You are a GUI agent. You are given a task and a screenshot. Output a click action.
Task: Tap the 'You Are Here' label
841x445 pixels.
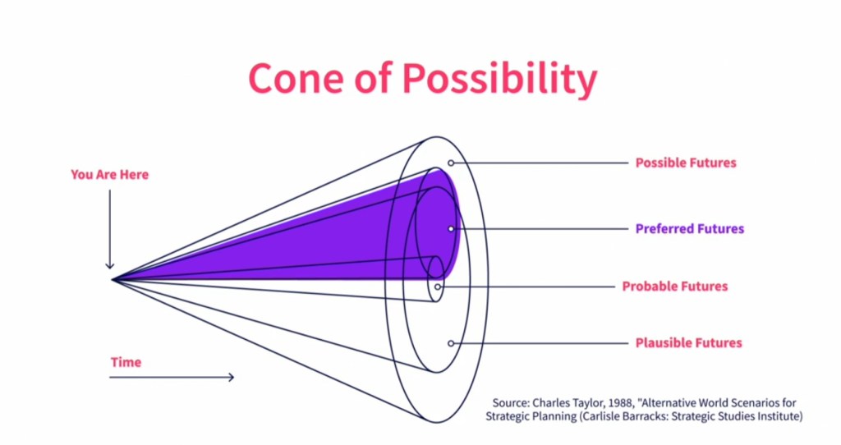tap(109, 174)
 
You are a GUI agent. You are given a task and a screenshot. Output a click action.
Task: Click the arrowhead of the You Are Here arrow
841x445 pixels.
tap(110, 265)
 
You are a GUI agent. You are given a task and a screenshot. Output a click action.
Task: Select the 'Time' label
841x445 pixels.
tap(126, 362)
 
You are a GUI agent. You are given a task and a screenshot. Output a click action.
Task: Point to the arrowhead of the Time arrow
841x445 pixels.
tap(231, 378)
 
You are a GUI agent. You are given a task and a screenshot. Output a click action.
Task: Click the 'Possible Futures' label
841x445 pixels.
tap(686, 163)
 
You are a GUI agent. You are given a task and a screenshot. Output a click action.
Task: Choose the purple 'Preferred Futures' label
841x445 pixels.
tap(690, 228)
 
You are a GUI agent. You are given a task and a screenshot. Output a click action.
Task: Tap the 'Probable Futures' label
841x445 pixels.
tap(675, 287)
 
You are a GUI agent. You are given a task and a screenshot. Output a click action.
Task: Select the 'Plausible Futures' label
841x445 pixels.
tap(689, 342)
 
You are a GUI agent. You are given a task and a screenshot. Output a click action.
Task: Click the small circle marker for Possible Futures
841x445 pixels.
tap(451, 163)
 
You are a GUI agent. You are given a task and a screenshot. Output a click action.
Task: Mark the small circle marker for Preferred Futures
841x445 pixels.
tap(451, 229)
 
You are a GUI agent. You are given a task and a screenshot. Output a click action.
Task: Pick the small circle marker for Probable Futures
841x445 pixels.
tap(438, 287)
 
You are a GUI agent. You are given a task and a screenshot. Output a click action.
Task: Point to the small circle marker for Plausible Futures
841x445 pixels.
tap(451, 343)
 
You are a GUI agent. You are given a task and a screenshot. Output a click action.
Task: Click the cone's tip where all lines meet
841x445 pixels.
tap(112, 279)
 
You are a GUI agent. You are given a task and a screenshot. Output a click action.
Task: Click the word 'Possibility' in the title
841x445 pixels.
tap(499, 79)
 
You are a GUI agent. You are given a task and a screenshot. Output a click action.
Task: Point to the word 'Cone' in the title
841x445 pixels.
tap(296, 79)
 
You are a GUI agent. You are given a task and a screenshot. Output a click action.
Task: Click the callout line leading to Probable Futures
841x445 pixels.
tap(528, 287)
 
